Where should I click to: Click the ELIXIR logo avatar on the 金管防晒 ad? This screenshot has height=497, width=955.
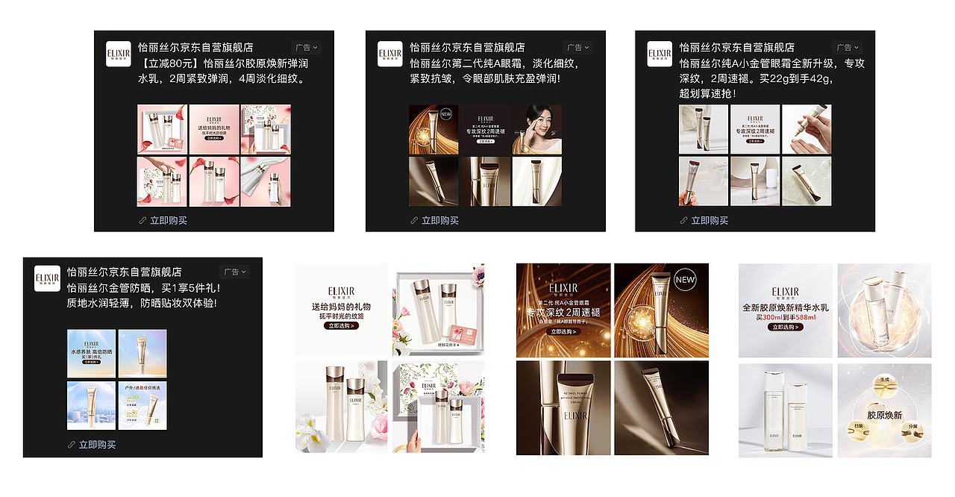[47, 278]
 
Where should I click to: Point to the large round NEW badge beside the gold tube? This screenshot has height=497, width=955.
[684, 281]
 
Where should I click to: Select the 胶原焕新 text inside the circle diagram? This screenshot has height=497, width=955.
[884, 415]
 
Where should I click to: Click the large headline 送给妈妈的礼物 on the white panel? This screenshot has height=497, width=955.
[341, 307]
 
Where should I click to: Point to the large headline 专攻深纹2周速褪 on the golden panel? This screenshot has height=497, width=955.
[563, 312]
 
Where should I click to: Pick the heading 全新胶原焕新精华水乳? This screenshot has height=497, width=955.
[786, 307]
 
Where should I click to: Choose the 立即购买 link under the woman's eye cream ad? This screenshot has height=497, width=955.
[439, 220]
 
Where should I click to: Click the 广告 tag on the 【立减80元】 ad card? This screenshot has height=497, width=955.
[305, 47]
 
